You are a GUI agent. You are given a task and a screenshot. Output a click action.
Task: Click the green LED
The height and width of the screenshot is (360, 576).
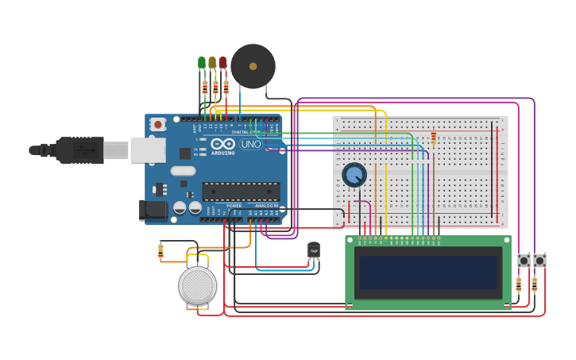(202, 62)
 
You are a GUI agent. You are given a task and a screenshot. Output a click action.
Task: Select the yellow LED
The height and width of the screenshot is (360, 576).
(212, 62)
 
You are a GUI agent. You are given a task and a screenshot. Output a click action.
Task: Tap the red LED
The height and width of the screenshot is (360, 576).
(222, 62)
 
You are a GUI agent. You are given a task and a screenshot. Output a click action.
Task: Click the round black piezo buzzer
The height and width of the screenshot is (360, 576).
(253, 66)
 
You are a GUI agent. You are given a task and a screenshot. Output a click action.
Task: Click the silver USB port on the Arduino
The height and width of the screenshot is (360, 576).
(148, 149)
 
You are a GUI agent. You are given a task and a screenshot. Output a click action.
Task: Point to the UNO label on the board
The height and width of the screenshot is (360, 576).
(250, 144)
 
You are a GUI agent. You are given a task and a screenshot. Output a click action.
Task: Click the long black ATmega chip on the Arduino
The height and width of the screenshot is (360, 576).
(241, 191)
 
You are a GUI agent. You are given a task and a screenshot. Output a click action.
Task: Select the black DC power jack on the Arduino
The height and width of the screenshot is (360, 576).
(153, 210)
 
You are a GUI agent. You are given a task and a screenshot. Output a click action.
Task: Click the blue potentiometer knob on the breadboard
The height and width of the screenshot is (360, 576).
(354, 174)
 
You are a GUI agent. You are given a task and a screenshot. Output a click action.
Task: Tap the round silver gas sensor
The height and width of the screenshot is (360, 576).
(198, 285)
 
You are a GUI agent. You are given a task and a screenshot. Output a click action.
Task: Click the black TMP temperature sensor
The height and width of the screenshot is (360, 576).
(314, 251)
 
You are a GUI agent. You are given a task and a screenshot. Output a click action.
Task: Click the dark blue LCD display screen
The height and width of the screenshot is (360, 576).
(427, 273)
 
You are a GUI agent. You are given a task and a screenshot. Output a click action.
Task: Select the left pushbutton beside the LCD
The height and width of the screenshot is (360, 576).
(524, 261)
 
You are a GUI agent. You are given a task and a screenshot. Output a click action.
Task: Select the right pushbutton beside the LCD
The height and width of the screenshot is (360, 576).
(539, 261)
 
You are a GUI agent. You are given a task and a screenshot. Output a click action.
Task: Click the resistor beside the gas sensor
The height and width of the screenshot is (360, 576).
(160, 251)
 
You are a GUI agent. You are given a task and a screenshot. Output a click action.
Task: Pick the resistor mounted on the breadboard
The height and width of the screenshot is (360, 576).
(433, 140)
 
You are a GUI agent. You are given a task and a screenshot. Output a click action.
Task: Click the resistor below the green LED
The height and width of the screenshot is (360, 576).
(205, 87)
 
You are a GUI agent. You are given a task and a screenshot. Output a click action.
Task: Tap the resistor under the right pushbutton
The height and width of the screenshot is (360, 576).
(534, 284)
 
